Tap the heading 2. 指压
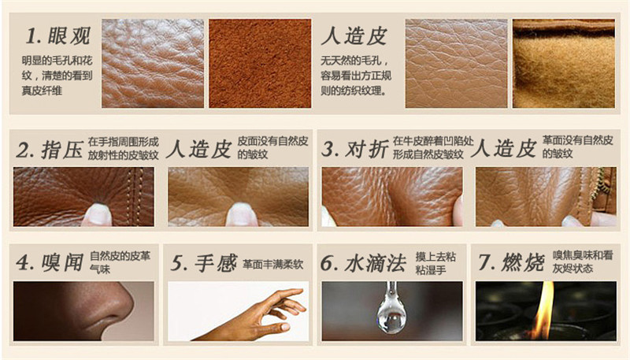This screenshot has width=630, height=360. click(49, 150)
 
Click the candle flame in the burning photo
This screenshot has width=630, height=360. click(543, 311)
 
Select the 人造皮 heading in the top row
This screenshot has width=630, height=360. click(354, 37)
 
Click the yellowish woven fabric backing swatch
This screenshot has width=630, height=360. click(562, 63)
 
